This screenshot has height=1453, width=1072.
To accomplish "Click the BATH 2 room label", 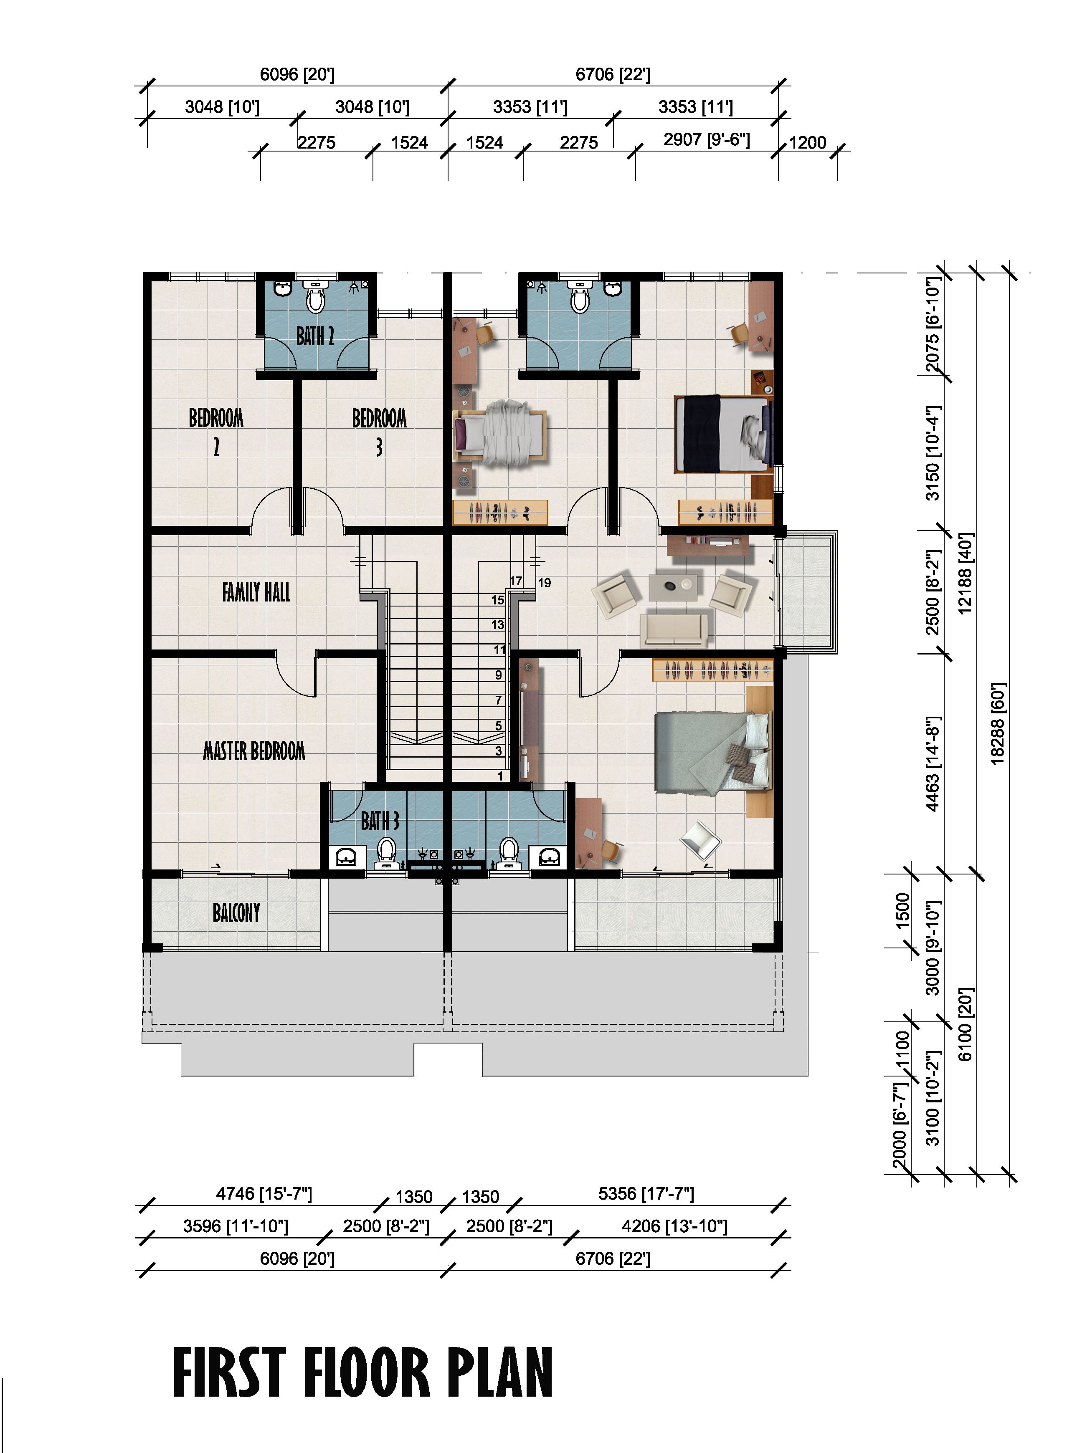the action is pos(315,336).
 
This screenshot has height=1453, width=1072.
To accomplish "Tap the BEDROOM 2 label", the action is pos(216,431).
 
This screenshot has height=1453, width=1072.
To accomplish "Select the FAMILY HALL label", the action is pos(256,591).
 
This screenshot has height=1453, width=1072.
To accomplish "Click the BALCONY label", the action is pos(236,913).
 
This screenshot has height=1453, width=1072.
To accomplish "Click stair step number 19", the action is pos(545,583).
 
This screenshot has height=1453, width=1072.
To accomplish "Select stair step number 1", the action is pos(499,776).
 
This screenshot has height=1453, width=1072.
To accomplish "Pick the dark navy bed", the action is pos(723,433).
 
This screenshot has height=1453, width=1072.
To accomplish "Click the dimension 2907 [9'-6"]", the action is pos(706,140).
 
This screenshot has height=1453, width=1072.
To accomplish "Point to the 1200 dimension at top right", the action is pos(807,143).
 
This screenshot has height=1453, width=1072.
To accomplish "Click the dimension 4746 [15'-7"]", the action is pos(264,1193).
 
